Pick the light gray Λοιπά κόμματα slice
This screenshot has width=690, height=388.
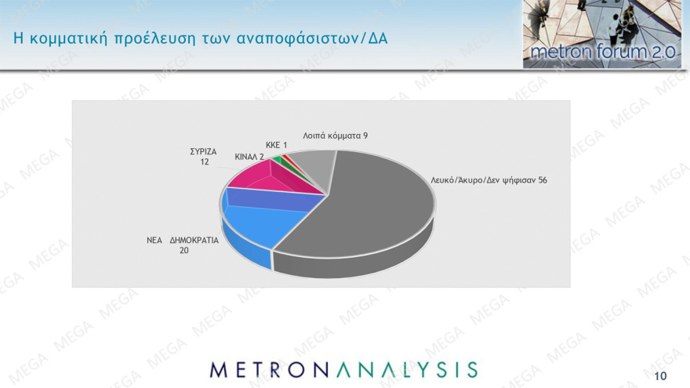(317, 163)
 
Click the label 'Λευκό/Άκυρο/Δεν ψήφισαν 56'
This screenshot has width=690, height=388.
(488, 179)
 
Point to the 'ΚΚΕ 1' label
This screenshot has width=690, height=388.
(277, 145)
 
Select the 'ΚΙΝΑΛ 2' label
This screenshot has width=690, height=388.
(249, 157)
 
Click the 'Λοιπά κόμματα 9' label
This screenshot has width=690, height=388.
(336, 136)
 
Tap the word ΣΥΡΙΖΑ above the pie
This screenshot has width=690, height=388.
(204, 151)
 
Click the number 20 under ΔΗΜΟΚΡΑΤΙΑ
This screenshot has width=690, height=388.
(184, 251)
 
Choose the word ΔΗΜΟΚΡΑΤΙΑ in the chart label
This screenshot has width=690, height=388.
(194, 241)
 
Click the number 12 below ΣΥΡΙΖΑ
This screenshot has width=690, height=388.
(204, 161)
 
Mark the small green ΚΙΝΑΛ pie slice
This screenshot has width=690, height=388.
(277, 161)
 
